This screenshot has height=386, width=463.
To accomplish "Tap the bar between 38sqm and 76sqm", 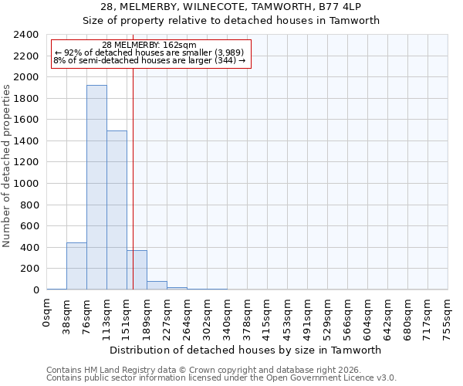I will tap(76, 266).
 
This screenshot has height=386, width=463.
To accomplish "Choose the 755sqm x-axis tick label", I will tap(448, 315).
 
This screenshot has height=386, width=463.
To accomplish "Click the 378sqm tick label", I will tap(247, 315).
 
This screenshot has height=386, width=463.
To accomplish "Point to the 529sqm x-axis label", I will tap(327, 315).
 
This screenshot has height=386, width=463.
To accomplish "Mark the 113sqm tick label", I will tap(107, 315).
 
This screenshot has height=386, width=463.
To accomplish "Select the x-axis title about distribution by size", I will tap(247, 350).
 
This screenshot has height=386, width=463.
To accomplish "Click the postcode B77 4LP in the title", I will tap(351, 6).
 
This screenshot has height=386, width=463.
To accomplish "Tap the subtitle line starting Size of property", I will tap(231, 21).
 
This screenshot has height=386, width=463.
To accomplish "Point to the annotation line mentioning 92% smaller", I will tap(149, 52).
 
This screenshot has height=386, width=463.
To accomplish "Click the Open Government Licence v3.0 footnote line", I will tap(221, 378).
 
